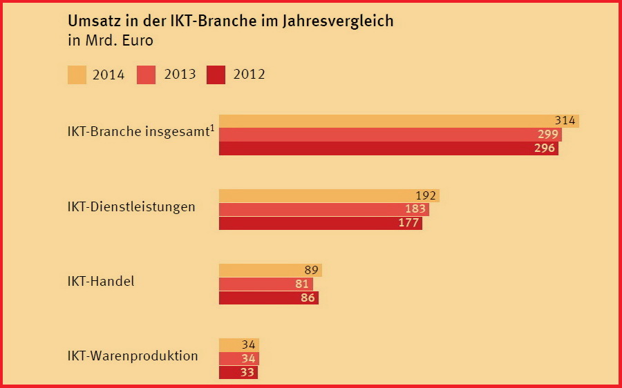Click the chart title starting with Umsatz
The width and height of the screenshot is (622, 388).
coord(230,21)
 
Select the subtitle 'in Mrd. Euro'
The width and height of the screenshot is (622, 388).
coord(111,40)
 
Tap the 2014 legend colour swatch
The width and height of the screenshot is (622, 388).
coord(77,75)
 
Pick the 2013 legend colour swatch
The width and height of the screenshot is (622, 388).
coord(147,75)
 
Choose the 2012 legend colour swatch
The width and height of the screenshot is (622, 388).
coord(216,75)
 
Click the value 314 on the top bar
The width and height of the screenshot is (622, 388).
coord(565,121)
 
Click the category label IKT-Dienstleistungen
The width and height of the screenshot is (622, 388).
coord(131,207)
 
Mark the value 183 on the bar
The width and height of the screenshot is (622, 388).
coord(415,209)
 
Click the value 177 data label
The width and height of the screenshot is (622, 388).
coord(408,223)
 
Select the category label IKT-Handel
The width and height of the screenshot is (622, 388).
coord(101,282)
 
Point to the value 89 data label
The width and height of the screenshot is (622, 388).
coord(311,270)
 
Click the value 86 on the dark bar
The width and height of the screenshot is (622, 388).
coord(308,298)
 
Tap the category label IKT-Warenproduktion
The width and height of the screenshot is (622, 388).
coord(133,356)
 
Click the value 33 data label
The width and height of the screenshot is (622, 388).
coord(247,372)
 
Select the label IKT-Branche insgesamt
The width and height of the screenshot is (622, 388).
coord(138,131)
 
